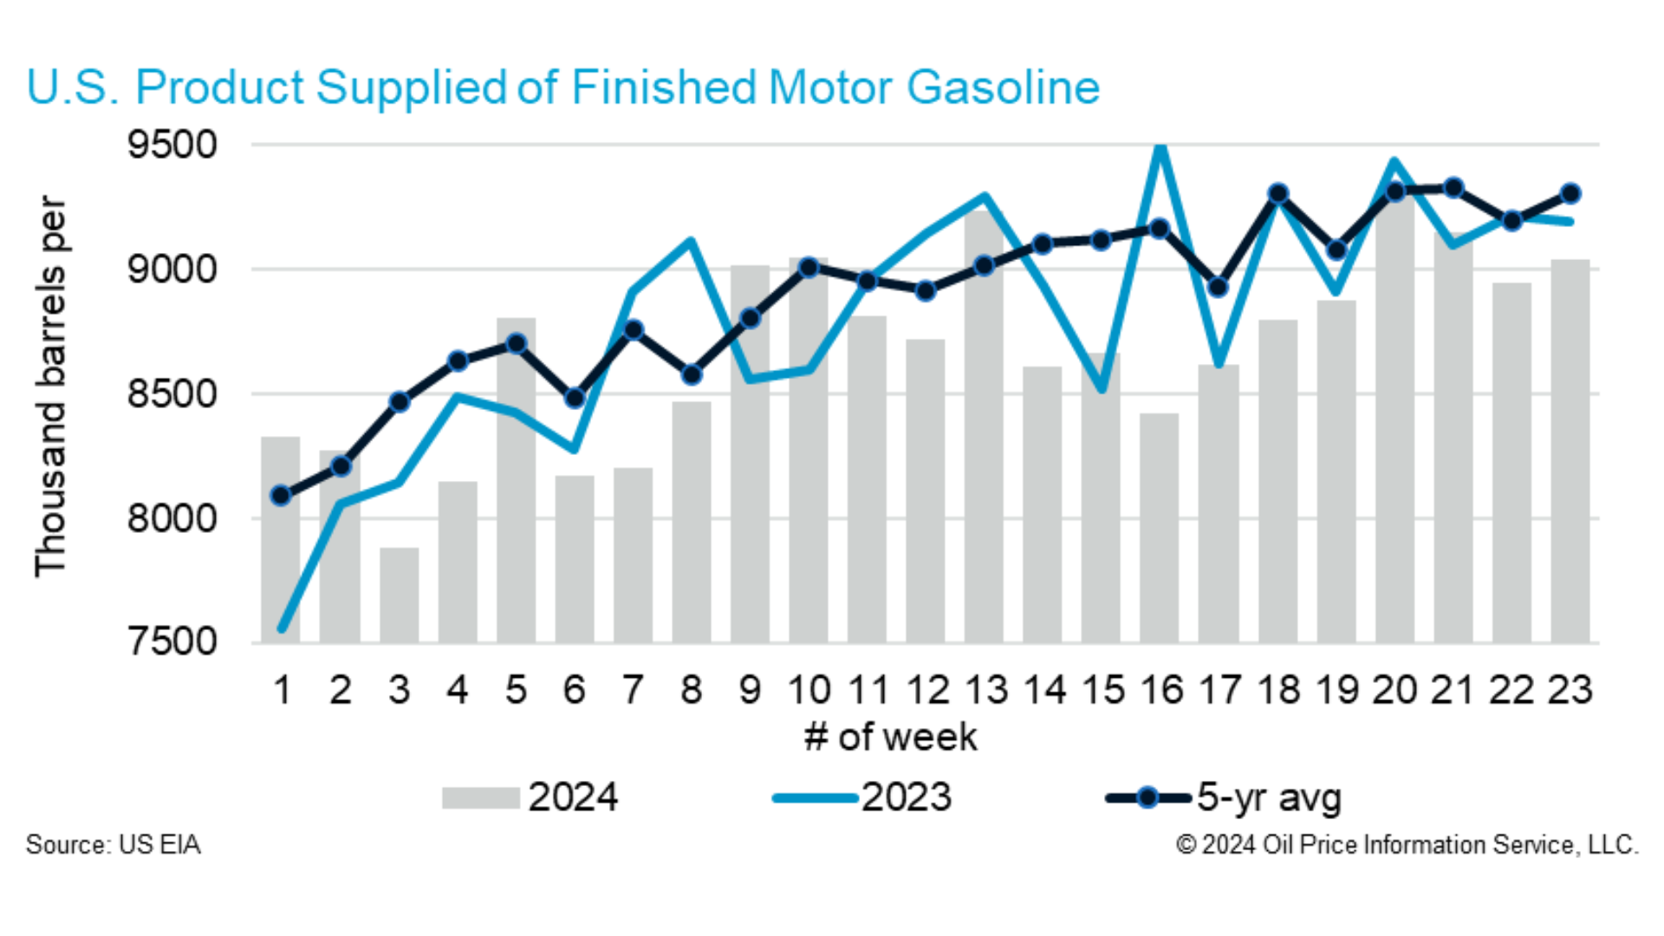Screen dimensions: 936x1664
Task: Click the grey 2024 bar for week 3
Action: pyautogui.click(x=399, y=596)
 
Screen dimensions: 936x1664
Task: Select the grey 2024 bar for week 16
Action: pyautogui.click(x=1159, y=529)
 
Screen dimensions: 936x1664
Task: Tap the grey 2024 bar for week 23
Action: pyautogui.click(x=1570, y=451)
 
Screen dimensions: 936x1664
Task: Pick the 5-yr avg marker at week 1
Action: pyautogui.click(x=281, y=496)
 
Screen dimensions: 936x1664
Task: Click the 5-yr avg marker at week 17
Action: pyautogui.click(x=1218, y=287)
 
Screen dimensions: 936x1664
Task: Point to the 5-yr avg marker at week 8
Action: pyautogui.click(x=692, y=375)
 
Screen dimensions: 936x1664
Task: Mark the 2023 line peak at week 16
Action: pyautogui.click(x=1160, y=148)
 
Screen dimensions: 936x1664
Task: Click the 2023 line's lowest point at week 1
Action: pyautogui.click(x=282, y=627)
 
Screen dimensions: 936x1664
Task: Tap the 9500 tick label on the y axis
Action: pyautogui.click(x=172, y=145)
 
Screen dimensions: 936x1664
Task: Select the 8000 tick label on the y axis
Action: pyautogui.click(x=172, y=518)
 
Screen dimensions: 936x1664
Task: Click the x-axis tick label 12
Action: pyautogui.click(x=926, y=691)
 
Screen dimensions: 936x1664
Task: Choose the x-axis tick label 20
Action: pyautogui.click(x=1394, y=691)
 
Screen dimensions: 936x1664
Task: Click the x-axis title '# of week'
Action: pyautogui.click(x=890, y=738)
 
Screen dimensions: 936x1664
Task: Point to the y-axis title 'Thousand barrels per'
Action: pyautogui.click(x=50, y=386)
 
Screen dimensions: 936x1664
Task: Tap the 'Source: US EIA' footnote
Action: pyautogui.click(x=113, y=845)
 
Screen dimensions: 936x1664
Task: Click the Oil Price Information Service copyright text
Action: pyautogui.click(x=1407, y=845)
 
